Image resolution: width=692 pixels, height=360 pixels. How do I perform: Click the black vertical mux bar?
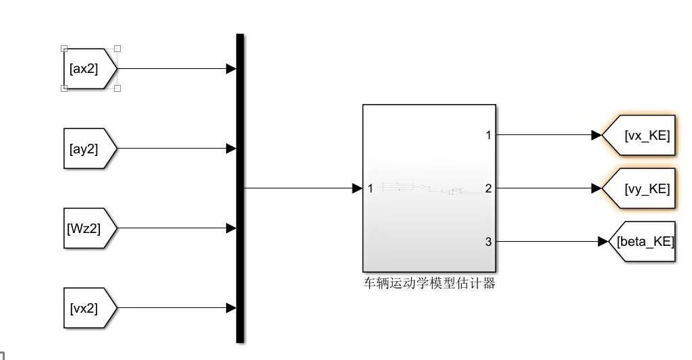click(x=240, y=188)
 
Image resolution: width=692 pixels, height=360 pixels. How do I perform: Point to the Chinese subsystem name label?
click(x=429, y=284)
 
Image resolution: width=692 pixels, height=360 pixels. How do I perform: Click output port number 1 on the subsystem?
click(x=488, y=135)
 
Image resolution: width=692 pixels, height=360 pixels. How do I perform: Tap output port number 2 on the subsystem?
click(x=488, y=188)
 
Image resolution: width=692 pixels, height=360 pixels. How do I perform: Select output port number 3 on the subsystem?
click(x=488, y=241)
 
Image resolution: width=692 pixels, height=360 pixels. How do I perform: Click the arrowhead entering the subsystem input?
click(x=357, y=188)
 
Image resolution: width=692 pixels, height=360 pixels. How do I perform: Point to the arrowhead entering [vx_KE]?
click(x=596, y=135)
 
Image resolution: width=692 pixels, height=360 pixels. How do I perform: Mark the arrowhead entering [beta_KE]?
click(x=604, y=241)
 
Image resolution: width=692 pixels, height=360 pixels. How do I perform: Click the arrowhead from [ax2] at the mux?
click(x=231, y=69)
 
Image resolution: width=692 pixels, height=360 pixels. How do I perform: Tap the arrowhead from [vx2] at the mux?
click(x=231, y=308)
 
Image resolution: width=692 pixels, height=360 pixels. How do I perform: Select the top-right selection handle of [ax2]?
click(x=117, y=49)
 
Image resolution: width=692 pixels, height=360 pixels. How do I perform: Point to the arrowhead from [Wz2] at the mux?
click(x=231, y=228)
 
